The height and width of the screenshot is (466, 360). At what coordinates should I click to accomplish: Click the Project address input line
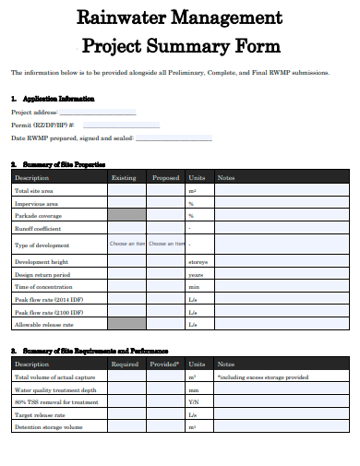[98, 114]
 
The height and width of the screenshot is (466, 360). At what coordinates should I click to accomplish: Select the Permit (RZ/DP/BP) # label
[42, 125]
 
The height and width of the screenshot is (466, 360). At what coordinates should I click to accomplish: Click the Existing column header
[124, 177]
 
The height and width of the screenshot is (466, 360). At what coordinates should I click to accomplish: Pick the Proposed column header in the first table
[166, 177]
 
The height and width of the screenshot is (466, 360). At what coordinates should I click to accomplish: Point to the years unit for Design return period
[196, 275]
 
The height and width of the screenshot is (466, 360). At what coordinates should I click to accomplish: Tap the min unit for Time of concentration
[194, 287]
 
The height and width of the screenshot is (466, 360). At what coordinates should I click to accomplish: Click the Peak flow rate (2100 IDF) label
[48, 312]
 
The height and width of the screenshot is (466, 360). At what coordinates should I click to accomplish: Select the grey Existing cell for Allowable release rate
[126, 324]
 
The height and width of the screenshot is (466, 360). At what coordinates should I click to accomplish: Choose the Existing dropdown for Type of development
[126, 245]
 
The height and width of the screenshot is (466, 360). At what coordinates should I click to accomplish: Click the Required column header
[126, 364]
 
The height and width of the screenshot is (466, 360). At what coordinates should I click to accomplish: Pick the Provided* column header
[166, 364]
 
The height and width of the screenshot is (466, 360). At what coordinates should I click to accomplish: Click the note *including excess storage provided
[263, 377]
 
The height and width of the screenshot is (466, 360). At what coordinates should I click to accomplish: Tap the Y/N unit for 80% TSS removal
[194, 402]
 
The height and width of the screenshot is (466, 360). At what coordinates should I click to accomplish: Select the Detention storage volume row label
[49, 427]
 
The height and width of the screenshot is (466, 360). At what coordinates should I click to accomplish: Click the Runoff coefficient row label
[38, 227]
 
